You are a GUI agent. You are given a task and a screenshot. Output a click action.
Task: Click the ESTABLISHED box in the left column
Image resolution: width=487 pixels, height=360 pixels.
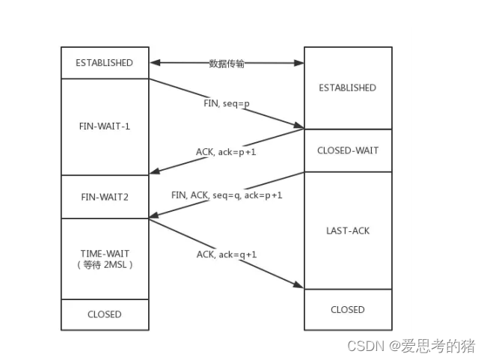(x=104, y=63)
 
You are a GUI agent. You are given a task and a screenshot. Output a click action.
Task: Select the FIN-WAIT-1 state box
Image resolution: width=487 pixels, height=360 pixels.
(x=104, y=126)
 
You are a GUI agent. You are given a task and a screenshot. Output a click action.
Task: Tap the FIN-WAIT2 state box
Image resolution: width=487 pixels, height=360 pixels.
(x=104, y=197)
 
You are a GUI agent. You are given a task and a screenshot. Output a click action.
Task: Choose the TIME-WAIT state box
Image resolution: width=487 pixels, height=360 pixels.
(x=104, y=259)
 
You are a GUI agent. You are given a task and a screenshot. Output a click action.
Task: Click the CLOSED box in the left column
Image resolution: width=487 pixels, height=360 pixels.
(x=104, y=314)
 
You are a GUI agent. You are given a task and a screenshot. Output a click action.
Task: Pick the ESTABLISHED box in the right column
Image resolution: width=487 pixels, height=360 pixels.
(x=347, y=88)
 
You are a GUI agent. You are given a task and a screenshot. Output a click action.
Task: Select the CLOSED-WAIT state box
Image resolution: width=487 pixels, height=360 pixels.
(x=347, y=150)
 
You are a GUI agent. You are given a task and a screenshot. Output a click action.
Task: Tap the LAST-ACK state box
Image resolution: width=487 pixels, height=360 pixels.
(x=347, y=231)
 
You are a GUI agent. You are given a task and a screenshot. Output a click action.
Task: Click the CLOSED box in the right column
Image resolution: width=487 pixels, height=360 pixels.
(x=347, y=309)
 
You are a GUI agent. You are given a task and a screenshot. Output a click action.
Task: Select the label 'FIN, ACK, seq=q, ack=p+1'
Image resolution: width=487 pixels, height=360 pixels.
(x=226, y=195)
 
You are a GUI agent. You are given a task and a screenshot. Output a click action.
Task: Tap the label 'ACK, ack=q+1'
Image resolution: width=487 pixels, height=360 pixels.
(x=226, y=254)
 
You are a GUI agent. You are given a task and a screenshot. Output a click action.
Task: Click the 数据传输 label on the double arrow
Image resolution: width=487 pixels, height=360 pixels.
(x=226, y=64)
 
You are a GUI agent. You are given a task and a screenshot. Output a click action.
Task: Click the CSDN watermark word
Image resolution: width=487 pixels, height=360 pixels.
(x=365, y=347)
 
